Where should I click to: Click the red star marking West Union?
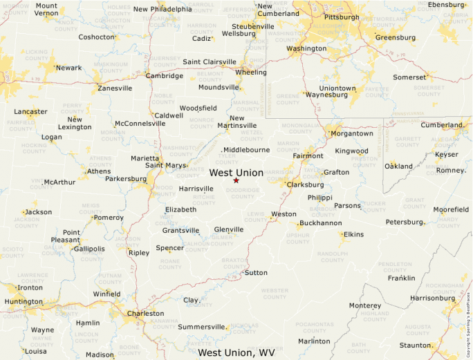pos(236,180)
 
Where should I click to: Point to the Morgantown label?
pos(351,133)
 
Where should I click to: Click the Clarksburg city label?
pos(305,184)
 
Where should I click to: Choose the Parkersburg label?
pos(126,178)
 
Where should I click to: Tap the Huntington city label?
pos(23,301)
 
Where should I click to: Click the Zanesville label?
pos(115,88)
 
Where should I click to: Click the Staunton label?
pos(416,345)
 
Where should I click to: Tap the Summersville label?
pos(201,327)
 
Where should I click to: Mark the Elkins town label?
pos(353,234)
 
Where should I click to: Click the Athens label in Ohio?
pos(99,171)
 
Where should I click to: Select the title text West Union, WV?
pos(236,352)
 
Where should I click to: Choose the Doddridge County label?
pos(243,193)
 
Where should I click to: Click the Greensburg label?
pos(396,37)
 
